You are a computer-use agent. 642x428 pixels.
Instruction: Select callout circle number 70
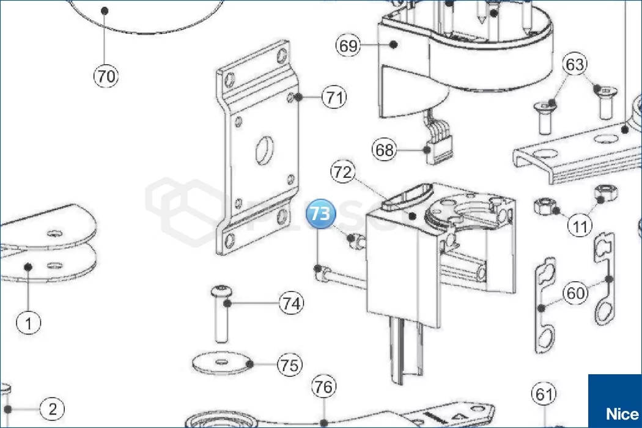(106, 76)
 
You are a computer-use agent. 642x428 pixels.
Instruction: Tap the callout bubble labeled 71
(334, 97)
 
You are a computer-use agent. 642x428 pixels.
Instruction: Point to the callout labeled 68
(385, 150)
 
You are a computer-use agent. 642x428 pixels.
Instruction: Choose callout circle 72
(343, 172)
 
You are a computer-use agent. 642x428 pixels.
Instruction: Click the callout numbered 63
(575, 64)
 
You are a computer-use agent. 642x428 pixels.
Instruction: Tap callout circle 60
(575, 293)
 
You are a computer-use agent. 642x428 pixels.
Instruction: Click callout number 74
(292, 303)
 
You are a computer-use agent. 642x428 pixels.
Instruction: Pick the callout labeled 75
(289, 365)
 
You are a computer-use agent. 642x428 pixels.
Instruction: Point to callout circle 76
(324, 387)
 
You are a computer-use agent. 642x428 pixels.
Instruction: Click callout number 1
(29, 322)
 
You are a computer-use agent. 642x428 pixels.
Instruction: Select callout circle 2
(53, 409)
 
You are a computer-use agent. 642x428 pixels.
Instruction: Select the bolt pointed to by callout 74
(221, 314)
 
